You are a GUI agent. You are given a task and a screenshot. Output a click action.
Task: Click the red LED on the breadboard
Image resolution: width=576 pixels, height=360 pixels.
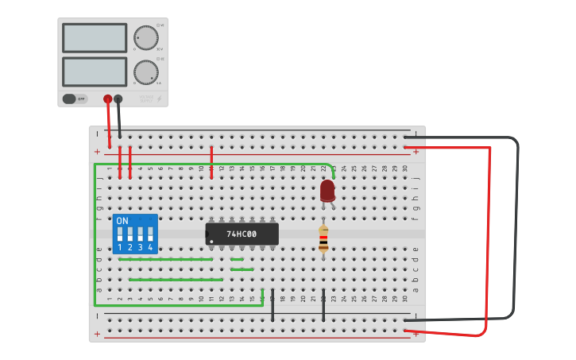click(327, 191)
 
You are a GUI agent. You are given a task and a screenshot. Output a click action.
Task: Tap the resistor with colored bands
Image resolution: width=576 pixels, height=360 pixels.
click(323, 238)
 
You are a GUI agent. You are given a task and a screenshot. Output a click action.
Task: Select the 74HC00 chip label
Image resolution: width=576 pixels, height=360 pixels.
click(242, 234)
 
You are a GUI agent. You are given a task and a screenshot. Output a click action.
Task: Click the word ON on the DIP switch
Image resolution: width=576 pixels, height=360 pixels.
click(122, 221)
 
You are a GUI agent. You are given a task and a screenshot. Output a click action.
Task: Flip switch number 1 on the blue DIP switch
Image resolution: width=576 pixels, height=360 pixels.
click(119, 235)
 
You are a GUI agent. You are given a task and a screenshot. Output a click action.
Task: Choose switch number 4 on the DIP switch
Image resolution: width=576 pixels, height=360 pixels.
click(150, 235)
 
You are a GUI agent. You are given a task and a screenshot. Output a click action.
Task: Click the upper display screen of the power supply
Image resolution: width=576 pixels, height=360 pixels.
click(94, 38)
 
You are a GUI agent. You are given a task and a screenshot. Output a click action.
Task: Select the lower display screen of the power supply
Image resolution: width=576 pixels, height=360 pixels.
click(94, 72)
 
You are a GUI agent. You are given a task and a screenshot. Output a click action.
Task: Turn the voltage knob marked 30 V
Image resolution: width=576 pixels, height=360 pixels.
click(145, 37)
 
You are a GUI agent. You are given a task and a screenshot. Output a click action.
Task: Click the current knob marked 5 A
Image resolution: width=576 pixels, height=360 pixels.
click(145, 72)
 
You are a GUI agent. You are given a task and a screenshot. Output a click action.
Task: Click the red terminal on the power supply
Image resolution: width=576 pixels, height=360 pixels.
click(108, 99)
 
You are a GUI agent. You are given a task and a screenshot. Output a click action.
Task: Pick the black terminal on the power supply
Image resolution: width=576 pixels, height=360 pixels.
click(118, 99)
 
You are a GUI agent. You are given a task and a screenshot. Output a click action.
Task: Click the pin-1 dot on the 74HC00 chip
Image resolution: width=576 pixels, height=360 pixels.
click(211, 241)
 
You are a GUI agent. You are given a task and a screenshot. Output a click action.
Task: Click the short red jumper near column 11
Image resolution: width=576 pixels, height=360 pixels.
click(211, 162)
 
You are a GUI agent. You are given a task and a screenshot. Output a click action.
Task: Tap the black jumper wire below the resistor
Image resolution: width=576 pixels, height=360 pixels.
click(323, 305)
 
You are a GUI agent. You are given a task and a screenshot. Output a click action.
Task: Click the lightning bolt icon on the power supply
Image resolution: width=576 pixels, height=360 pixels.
click(159, 99)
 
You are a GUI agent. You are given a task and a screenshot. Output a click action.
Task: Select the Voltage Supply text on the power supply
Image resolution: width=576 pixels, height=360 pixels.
click(146, 99)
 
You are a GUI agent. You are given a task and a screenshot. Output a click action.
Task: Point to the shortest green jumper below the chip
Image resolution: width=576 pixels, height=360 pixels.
click(237, 259)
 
